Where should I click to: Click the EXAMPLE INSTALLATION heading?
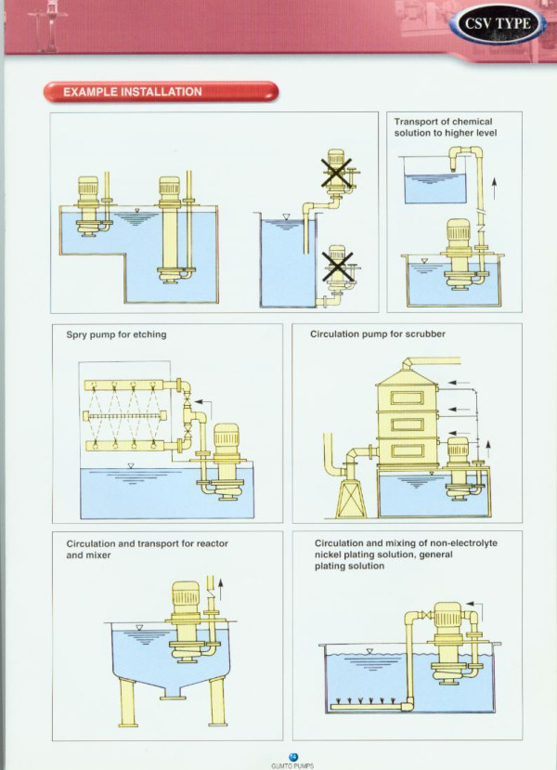pyautogui.click(x=133, y=92)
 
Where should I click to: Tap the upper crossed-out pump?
pyautogui.click(x=338, y=173)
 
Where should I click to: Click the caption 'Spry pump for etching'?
pyautogui.click(x=116, y=333)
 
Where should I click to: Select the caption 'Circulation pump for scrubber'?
pyautogui.click(x=374, y=333)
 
